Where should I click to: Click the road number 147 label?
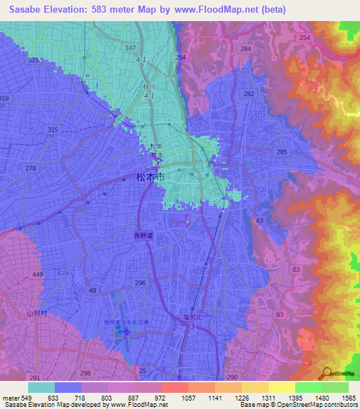[130, 48]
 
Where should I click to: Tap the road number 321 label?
[34, 60]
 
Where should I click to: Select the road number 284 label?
[245, 48]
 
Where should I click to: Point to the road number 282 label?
[248, 93]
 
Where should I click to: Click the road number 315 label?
[53, 130]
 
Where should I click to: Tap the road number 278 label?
[30, 168]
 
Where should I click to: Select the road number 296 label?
[140, 283]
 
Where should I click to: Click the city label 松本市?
[150, 178]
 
